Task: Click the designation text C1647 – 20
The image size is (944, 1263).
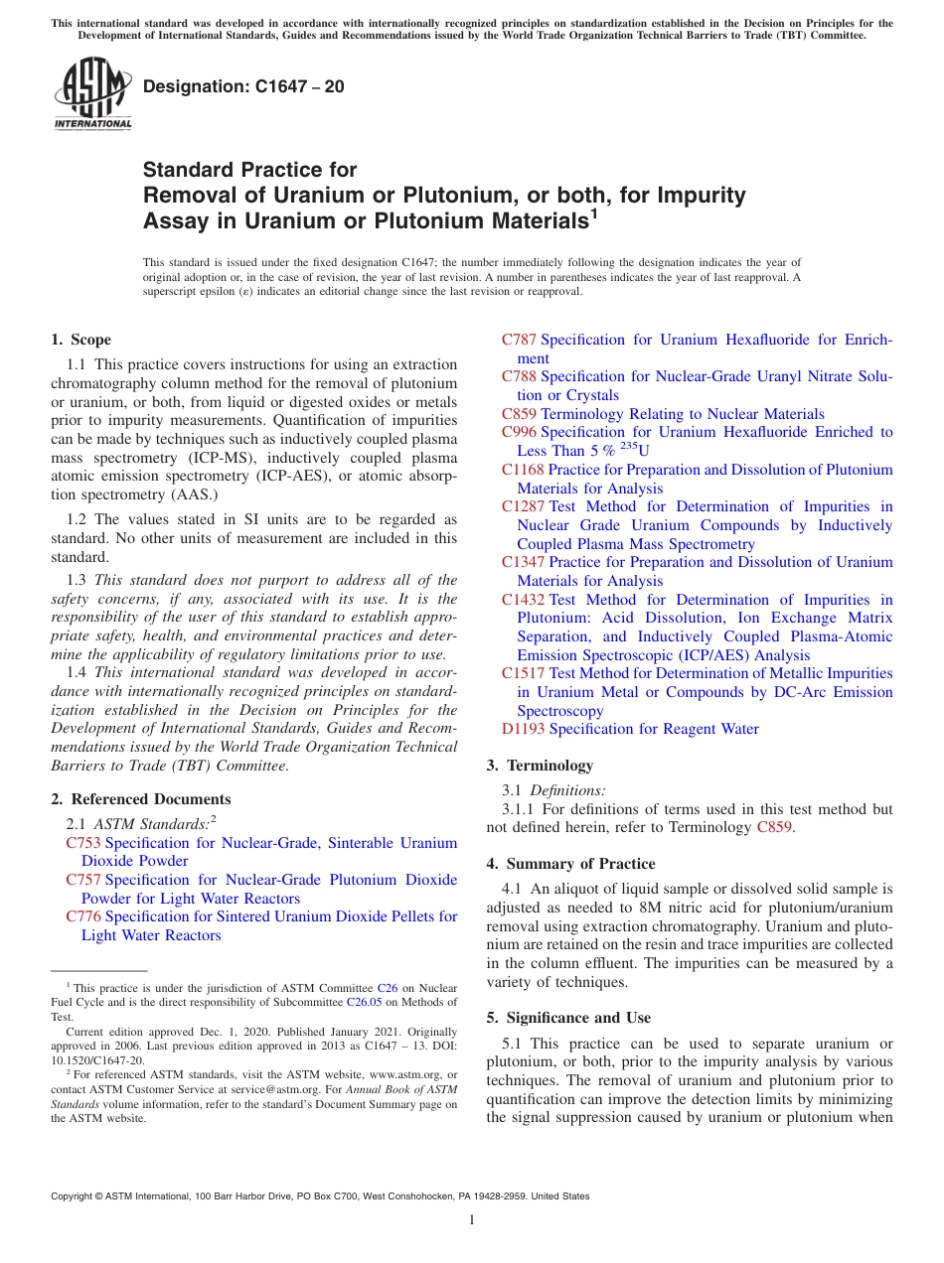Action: pyautogui.click(x=243, y=86)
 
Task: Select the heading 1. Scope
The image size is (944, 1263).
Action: pyautogui.click(x=80, y=340)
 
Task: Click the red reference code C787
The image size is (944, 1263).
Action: pyautogui.click(x=519, y=340)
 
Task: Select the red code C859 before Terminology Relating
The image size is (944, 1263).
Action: pyautogui.click(x=519, y=414)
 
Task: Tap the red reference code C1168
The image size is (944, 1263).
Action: pyautogui.click(x=523, y=470)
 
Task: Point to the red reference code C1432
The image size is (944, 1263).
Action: pyautogui.click(x=523, y=600)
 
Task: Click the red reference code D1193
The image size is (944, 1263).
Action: pyautogui.click(x=523, y=729)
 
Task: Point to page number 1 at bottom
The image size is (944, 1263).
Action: pyautogui.click(x=472, y=1220)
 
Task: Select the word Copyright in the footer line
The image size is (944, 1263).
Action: pyautogui.click(x=73, y=1196)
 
